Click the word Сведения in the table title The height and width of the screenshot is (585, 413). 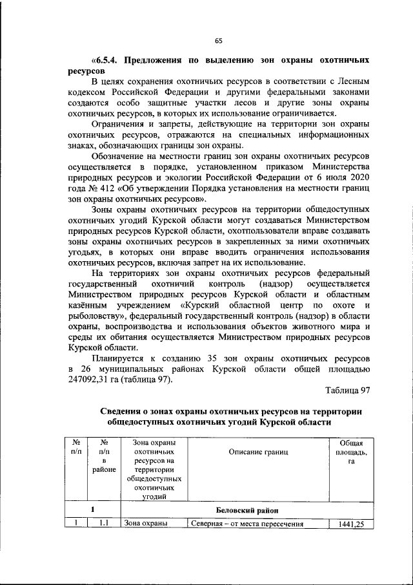coord(128,412)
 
